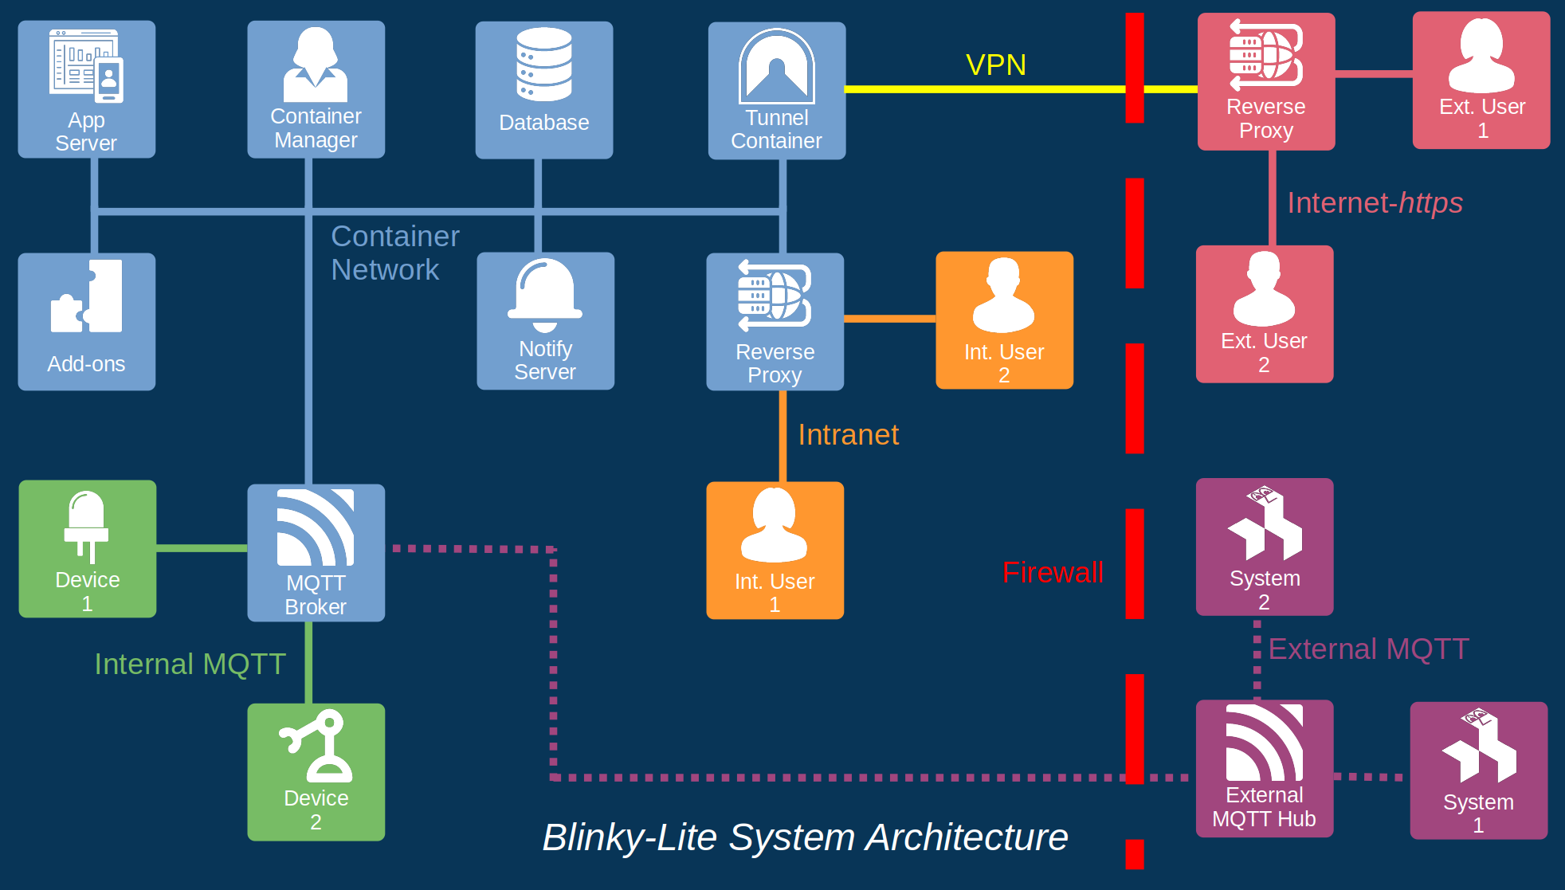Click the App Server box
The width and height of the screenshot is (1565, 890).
click(x=87, y=89)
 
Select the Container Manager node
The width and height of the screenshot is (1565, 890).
click(x=316, y=89)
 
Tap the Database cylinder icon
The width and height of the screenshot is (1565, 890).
click(x=544, y=65)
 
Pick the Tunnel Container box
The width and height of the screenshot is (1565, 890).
click(x=777, y=90)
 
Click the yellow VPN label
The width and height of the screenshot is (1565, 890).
click(x=996, y=65)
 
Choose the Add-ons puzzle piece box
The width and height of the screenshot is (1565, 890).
click(x=87, y=322)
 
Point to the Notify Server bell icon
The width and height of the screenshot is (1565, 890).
click(x=545, y=294)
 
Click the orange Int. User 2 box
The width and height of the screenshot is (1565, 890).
click(x=1004, y=320)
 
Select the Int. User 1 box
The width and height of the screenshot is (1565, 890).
click(x=775, y=551)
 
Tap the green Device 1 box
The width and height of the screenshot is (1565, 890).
click(x=88, y=549)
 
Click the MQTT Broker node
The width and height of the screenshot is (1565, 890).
click(x=316, y=553)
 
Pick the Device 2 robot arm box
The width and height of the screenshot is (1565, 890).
click(x=316, y=772)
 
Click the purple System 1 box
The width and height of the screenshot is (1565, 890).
click(x=1479, y=770)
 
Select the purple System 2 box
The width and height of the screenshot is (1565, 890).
click(x=1265, y=547)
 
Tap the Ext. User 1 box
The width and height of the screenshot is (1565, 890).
click(x=1481, y=80)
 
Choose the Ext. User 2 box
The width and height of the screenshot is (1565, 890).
click(x=1265, y=314)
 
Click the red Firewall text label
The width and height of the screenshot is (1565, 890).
click(x=1053, y=573)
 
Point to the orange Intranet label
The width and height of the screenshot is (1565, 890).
click(x=848, y=435)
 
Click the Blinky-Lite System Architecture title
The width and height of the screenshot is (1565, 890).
click(x=805, y=837)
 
